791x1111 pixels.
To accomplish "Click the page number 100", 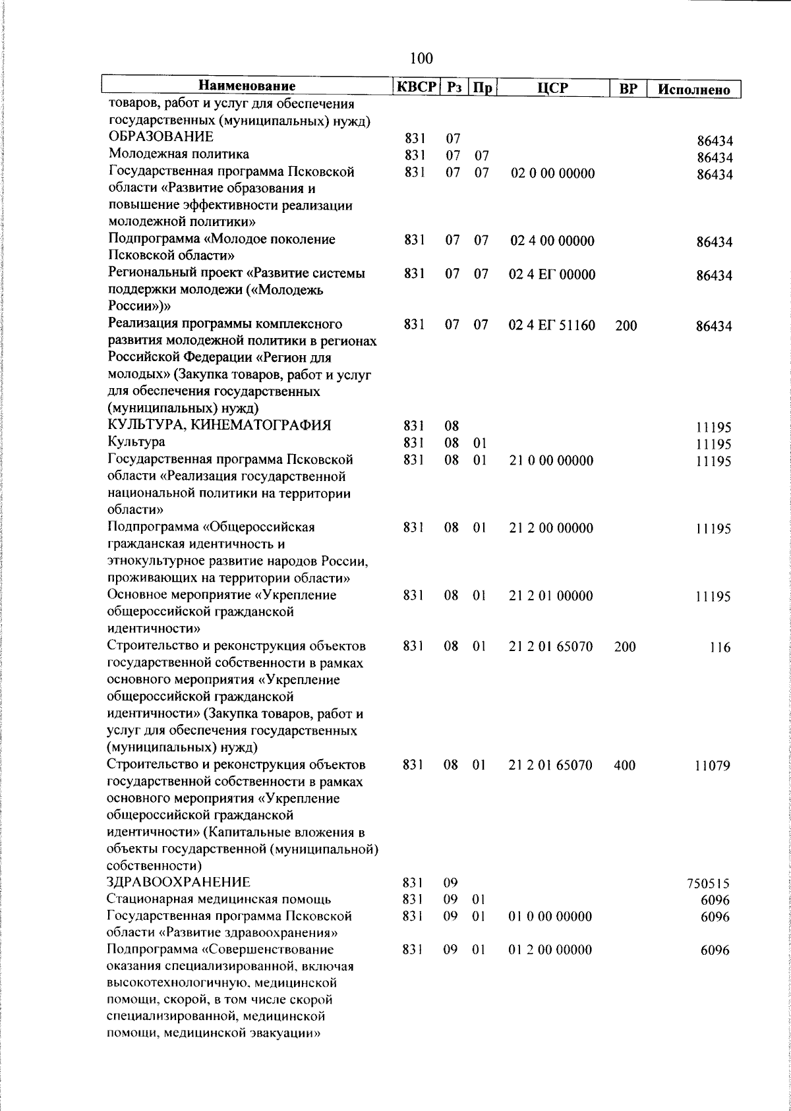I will (421, 59).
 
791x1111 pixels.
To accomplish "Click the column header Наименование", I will (247, 87).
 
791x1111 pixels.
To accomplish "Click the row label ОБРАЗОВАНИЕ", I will (161, 137).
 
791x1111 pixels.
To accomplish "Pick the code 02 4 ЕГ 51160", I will (552, 325).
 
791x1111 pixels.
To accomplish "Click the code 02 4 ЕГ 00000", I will (552, 274).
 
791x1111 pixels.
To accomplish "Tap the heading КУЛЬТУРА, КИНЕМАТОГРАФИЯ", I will (219, 425).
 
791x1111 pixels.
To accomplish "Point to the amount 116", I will (720, 647).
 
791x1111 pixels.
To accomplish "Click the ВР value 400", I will (624, 766).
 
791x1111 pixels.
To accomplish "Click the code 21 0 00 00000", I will (551, 460).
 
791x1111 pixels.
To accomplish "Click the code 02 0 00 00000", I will (552, 173).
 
